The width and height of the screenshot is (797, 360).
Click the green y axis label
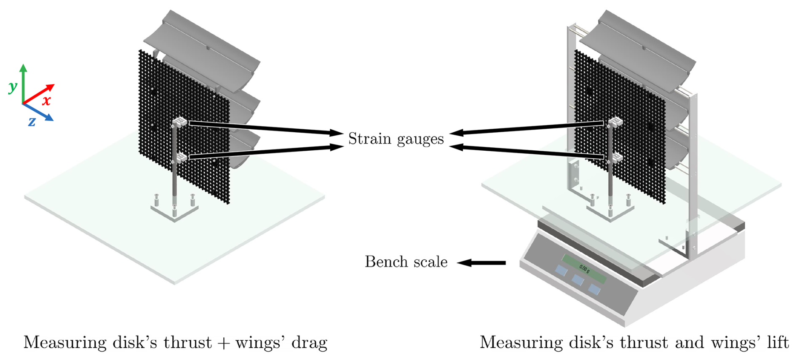(x=13, y=87)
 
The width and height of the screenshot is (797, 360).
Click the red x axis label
(x=46, y=100)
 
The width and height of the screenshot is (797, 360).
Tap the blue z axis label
(x=32, y=122)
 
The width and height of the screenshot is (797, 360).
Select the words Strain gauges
(x=396, y=139)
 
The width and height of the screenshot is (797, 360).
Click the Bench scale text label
(x=406, y=262)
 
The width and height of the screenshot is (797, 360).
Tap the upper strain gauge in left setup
(x=179, y=122)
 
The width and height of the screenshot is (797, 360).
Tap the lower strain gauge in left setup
(x=180, y=158)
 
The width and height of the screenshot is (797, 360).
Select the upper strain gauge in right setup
(x=615, y=123)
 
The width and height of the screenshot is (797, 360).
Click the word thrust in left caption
(x=187, y=343)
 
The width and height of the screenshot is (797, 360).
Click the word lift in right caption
(x=778, y=342)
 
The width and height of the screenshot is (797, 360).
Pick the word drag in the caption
(x=310, y=343)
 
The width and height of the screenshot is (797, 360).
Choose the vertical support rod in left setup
(x=174, y=177)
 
